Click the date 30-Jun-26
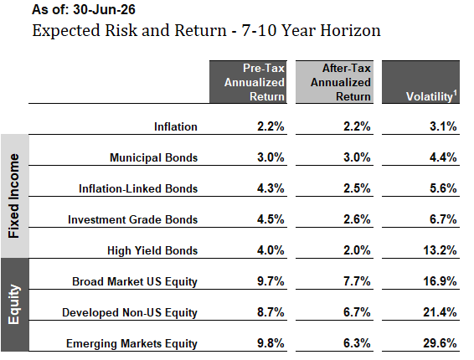tap(104, 9)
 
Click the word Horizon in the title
tap(350, 30)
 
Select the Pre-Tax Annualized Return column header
tap(248, 82)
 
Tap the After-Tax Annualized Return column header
tap(334, 82)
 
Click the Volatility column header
tap(420, 82)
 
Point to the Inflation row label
tap(176, 126)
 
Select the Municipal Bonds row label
tap(153, 157)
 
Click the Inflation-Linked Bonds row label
tap(138, 188)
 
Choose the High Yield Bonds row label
tap(152, 250)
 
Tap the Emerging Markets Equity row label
tap(131, 344)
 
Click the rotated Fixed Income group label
tap(14, 196)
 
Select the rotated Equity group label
tap(14, 305)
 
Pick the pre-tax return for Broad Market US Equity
tap(270, 281)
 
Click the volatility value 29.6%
tap(440, 343)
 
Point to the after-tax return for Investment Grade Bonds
tap(357, 219)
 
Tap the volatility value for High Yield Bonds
tap(440, 250)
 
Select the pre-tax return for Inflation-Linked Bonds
tap(270, 188)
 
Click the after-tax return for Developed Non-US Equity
tap(357, 312)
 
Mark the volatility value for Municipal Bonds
tap(443, 157)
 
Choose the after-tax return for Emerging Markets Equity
tap(357, 343)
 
